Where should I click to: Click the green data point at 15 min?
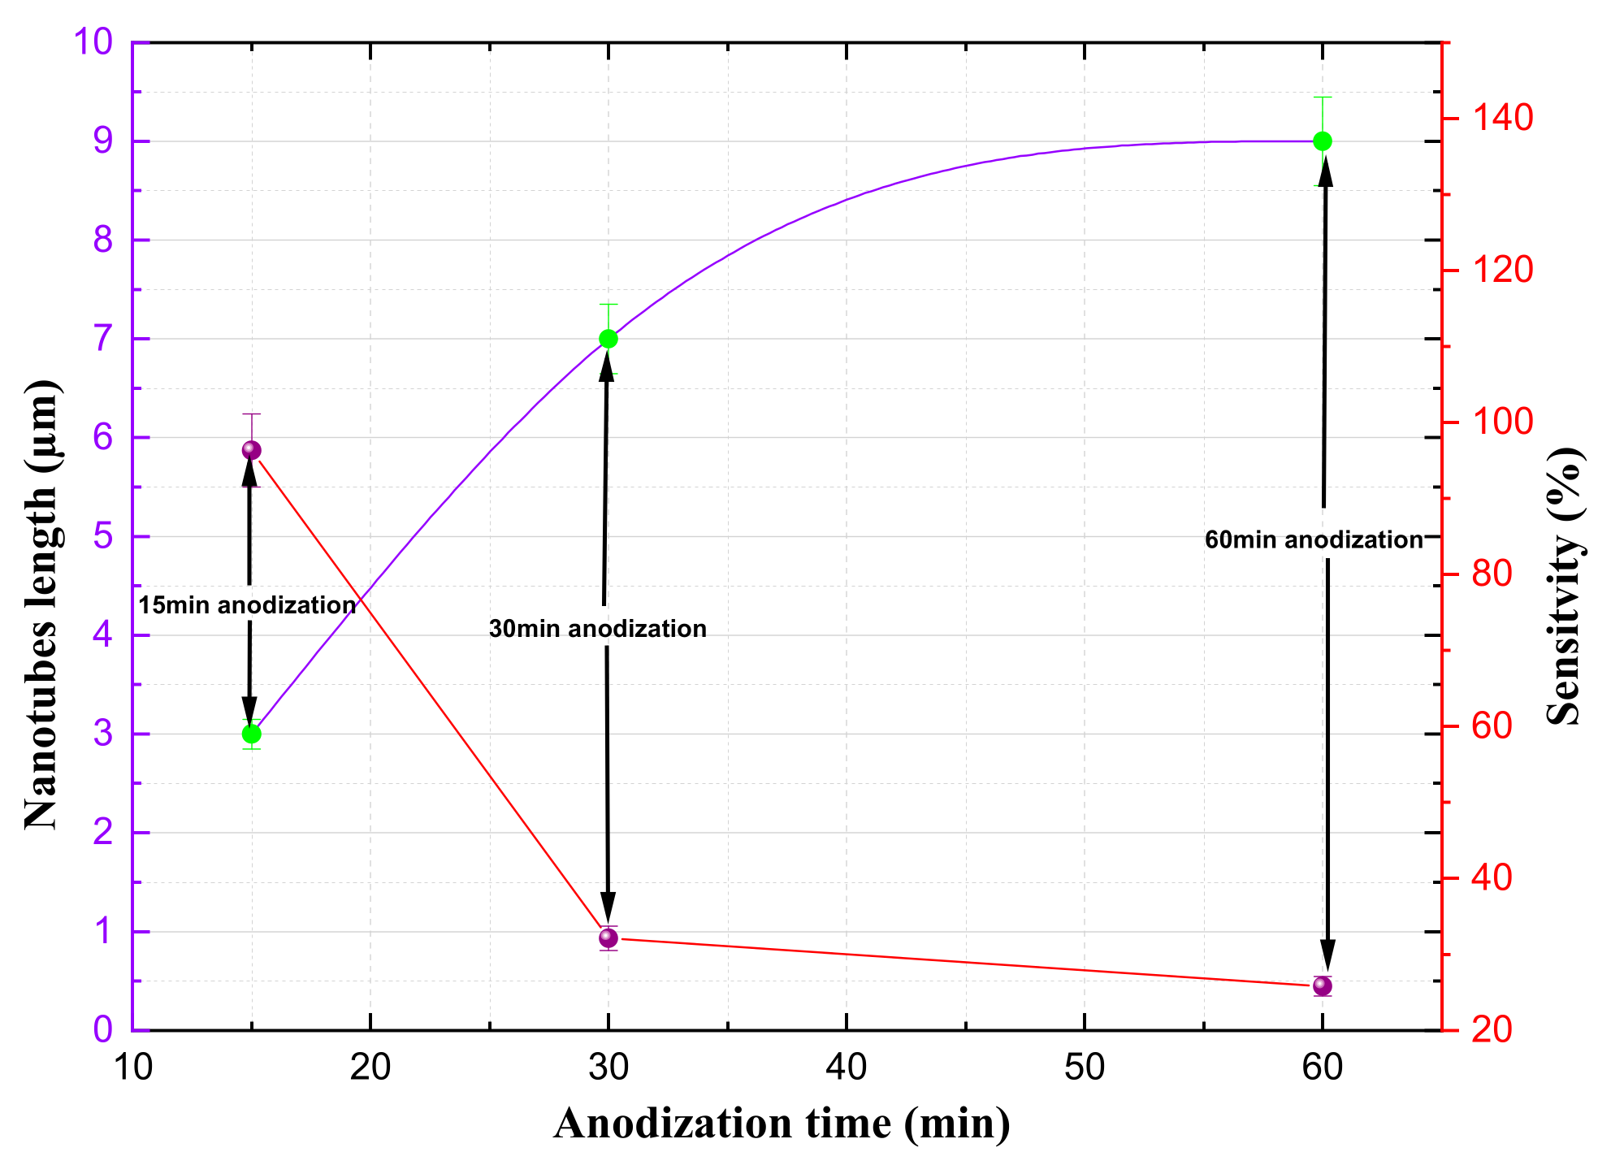click(x=252, y=734)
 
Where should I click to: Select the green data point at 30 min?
click(x=608, y=339)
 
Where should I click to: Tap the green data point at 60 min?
click(x=1323, y=141)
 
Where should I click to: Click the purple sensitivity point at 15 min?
click(x=252, y=450)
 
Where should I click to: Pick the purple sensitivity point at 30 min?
click(x=608, y=938)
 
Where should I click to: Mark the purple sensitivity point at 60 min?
click(x=1323, y=986)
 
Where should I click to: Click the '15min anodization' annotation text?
click(x=247, y=605)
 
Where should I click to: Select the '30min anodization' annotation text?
click(x=598, y=629)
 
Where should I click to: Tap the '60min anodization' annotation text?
click(x=1314, y=540)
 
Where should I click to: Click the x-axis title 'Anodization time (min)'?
click(x=782, y=1124)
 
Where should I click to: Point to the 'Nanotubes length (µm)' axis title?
click(x=42, y=604)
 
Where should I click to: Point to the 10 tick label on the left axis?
click(x=93, y=41)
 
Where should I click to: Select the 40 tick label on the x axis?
click(x=847, y=1068)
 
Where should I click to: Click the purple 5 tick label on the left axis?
click(x=103, y=536)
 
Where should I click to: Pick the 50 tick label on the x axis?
click(x=1085, y=1068)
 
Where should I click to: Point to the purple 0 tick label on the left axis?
click(x=103, y=1030)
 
